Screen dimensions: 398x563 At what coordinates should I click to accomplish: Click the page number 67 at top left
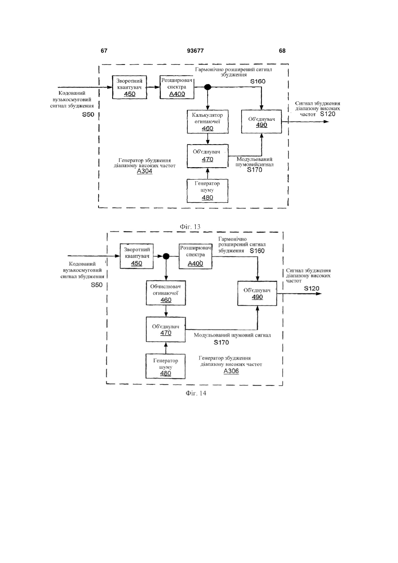coord(104,51)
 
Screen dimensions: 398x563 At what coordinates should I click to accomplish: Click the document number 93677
coord(195,51)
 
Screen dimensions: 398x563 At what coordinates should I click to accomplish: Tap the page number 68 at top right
coord(282,51)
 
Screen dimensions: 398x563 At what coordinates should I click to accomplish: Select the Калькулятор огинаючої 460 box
coord(208,122)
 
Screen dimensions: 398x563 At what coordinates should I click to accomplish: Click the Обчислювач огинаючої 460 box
coord(166,293)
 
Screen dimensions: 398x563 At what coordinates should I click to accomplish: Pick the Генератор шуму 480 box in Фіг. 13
coord(208,191)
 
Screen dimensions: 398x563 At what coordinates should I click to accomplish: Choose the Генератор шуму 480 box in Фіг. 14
coord(166,367)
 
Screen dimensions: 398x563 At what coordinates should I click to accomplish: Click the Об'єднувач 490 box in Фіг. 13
coord(262,122)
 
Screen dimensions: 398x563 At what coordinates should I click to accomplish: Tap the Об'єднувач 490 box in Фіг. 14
coord(257,294)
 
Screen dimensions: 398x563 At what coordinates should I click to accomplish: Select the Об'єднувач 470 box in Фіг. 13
coord(208,156)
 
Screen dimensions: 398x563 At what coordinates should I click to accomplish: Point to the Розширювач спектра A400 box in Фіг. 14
coord(195,257)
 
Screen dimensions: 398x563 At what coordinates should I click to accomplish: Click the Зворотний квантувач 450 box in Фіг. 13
coord(129,87)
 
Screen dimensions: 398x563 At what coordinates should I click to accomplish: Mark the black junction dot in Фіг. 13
coord(208,87)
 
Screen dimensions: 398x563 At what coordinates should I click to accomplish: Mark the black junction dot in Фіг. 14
coord(166,257)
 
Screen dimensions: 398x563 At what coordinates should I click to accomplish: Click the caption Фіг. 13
coord(190,227)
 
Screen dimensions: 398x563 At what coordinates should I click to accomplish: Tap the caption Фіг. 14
coord(196,393)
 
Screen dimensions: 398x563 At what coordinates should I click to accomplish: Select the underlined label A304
coord(144,172)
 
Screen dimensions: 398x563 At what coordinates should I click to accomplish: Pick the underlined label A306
coord(231,371)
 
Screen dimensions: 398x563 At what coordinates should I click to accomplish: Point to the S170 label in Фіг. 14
coord(221,342)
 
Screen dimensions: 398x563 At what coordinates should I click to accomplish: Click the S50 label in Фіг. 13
coord(88,115)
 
